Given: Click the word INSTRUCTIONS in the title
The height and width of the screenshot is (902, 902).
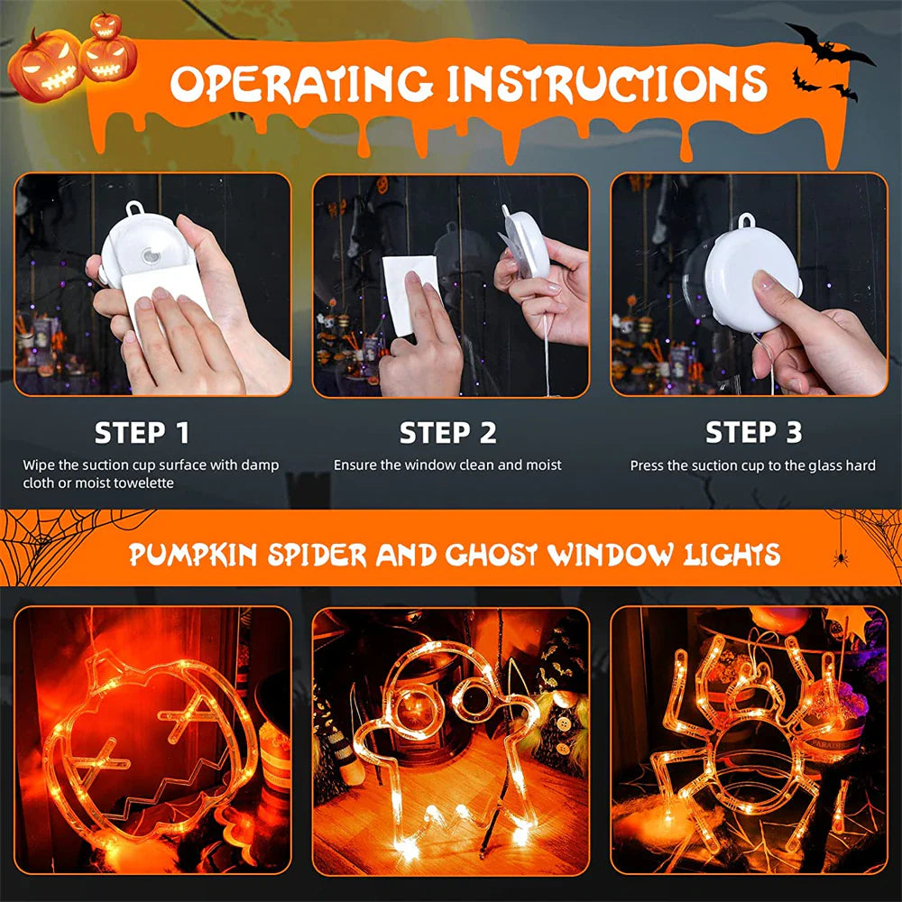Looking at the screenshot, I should pos(607,84).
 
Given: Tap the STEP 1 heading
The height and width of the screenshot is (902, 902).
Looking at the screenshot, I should pos(143,433).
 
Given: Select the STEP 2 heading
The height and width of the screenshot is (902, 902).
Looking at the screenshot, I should pos(448,433).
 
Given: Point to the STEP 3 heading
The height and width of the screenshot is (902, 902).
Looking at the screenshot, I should pos(753,433).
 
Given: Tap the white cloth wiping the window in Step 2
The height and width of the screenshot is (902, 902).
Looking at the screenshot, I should pos(410,289).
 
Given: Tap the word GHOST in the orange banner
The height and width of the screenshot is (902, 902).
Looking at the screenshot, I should pos(492,554).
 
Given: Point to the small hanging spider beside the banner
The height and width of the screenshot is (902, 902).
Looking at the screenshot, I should pos(841,557).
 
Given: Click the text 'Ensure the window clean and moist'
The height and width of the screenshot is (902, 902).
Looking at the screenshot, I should pos(447,465).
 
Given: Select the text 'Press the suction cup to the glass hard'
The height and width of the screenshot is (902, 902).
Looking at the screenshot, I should pos(752,465).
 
